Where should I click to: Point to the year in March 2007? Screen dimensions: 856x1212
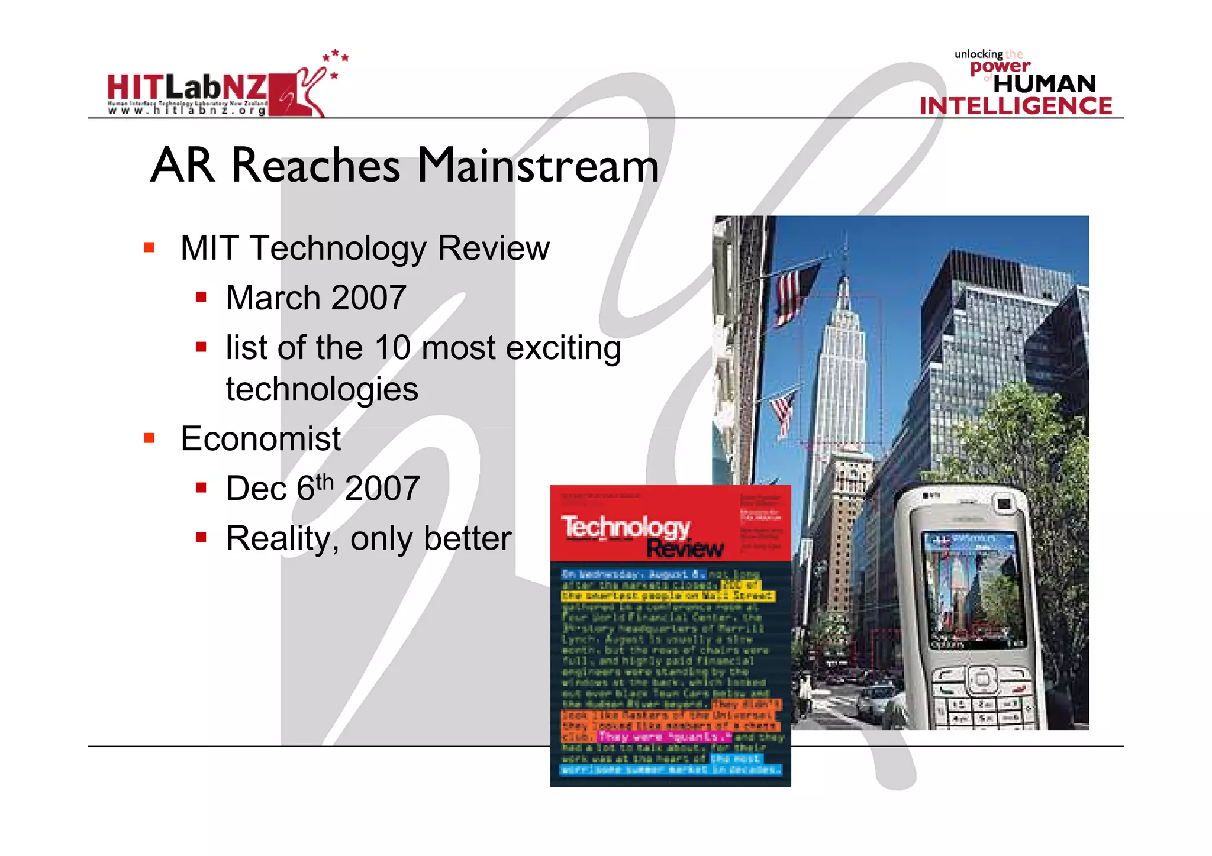tap(368, 298)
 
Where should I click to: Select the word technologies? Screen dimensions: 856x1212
tap(322, 389)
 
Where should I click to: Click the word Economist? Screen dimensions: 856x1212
tap(260, 439)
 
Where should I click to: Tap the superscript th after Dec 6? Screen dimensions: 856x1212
tap(325, 482)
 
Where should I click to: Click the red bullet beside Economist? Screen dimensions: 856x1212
tap(149, 438)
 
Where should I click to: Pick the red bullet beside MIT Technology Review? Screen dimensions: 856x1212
tap(149, 247)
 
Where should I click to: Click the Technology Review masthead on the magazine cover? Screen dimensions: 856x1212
tap(642, 536)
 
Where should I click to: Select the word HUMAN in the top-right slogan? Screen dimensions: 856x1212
tap(1045, 84)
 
